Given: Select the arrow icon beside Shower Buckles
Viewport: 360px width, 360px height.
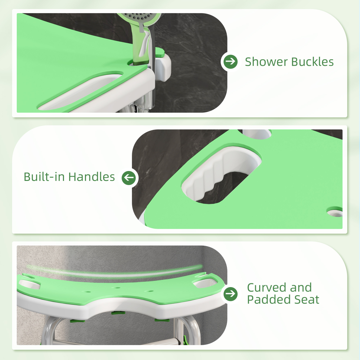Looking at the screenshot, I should click(x=231, y=61).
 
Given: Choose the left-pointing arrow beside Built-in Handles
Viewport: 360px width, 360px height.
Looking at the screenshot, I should click(x=129, y=177).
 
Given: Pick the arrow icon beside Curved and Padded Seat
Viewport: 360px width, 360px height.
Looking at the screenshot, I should click(x=231, y=294).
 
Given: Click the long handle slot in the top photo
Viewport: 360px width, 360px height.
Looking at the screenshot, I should click(x=81, y=90).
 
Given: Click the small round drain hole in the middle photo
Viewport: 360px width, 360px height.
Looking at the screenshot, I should click(x=334, y=212).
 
